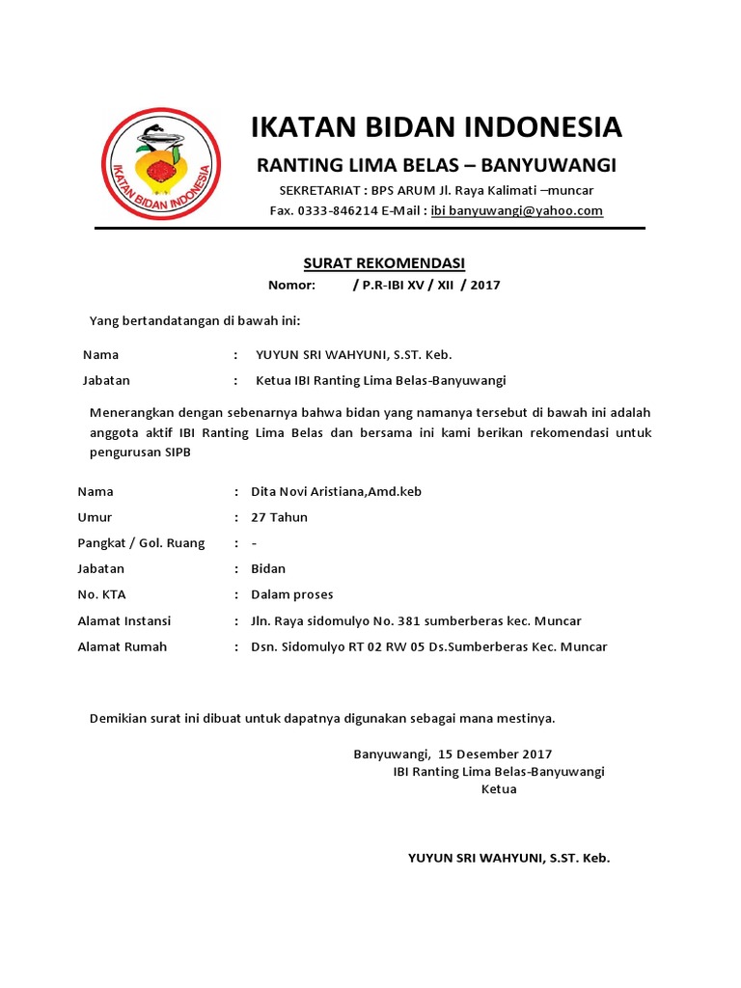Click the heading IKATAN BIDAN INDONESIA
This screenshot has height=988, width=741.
pyautogui.click(x=436, y=127)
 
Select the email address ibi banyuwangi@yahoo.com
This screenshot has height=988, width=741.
pyautogui.click(x=516, y=210)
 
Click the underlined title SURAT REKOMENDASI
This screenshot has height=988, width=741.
pyautogui.click(x=384, y=263)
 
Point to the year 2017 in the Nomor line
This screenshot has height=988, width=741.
pyautogui.click(x=485, y=286)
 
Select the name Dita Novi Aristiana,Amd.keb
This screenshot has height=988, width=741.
pyautogui.click(x=336, y=491)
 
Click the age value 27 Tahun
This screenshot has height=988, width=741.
pyautogui.click(x=279, y=517)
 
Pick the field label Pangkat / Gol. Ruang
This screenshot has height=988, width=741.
pyautogui.click(x=141, y=543)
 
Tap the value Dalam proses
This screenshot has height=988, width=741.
pyautogui.click(x=291, y=594)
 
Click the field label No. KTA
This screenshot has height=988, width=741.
pyautogui.click(x=101, y=594)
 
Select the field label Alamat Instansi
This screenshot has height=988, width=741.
pyautogui.click(x=123, y=620)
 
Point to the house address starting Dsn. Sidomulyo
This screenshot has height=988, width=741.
pyautogui.click(x=428, y=646)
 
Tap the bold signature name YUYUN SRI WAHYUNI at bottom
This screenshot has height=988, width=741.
pyautogui.click(x=508, y=857)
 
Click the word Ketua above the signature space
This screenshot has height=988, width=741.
pyautogui.click(x=499, y=789)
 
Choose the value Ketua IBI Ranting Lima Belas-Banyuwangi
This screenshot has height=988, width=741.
pyautogui.click(x=380, y=380)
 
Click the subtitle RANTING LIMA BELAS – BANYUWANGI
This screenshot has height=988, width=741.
pyautogui.click(x=436, y=164)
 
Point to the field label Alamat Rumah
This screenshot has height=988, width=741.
pyautogui.click(x=122, y=646)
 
